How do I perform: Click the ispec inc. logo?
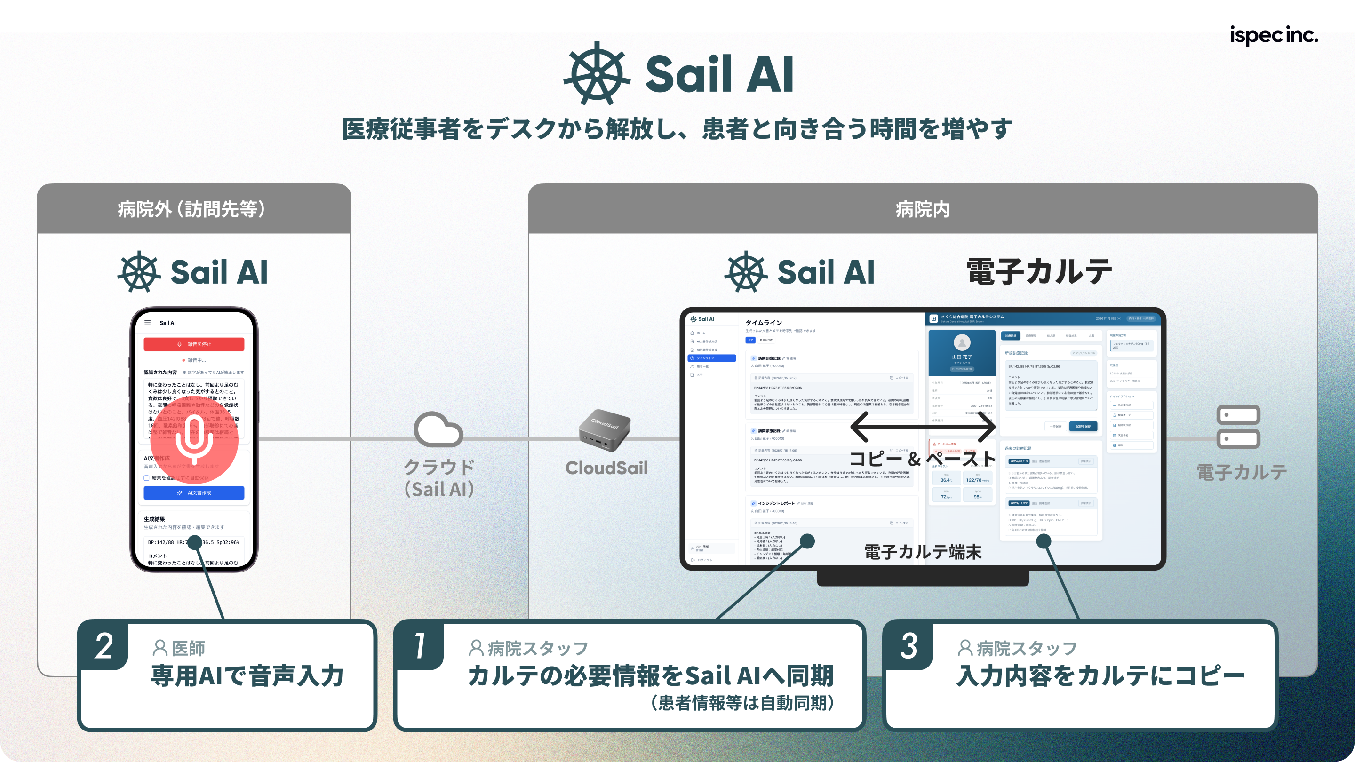1274,35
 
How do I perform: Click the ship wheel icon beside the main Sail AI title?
597,74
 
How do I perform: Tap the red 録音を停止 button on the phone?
193,344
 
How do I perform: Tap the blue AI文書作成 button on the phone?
193,493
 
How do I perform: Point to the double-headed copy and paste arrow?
923,427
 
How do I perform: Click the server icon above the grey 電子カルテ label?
1238,427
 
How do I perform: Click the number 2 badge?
104,646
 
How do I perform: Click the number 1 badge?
419,646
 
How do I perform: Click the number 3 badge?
909,646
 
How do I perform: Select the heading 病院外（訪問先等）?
192,209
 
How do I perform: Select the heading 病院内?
923,209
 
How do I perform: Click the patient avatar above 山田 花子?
962,343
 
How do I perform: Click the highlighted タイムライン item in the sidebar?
711,358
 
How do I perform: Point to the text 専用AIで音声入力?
247,676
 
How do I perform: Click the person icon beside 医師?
160,648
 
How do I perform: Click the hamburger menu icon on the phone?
147,323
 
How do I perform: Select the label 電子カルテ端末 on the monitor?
923,552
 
